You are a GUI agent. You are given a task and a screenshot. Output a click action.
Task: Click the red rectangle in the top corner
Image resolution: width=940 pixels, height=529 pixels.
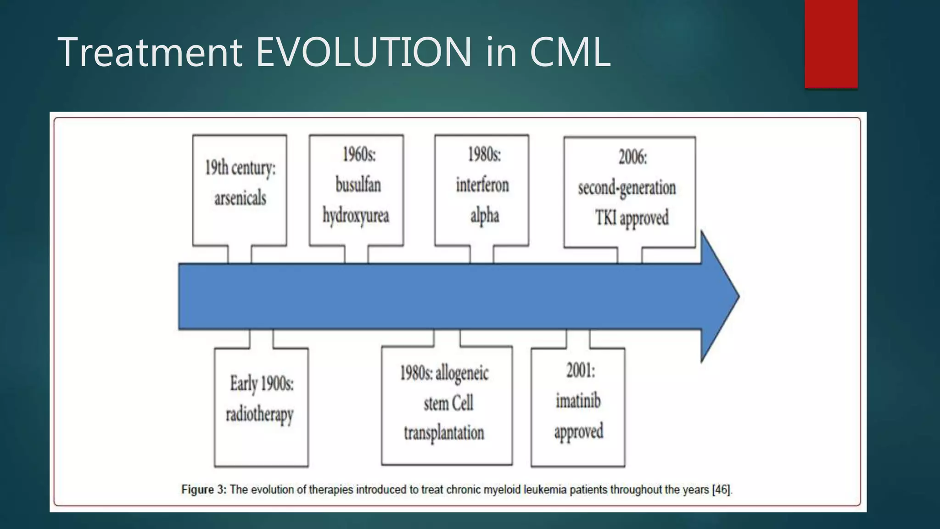831,44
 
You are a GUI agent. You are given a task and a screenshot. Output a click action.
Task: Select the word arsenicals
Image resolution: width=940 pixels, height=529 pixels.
240,198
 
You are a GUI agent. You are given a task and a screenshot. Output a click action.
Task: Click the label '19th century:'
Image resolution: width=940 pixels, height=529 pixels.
240,168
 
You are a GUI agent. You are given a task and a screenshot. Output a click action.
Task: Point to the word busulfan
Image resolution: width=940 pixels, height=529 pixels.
358,185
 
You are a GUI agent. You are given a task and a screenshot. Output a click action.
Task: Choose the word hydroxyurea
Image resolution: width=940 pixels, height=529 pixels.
356,216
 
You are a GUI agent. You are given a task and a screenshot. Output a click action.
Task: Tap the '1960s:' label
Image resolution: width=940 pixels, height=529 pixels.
359,154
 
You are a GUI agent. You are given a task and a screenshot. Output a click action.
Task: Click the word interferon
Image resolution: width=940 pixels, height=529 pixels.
482,185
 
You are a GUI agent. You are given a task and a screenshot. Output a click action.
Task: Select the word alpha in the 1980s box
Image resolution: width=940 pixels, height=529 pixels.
484,216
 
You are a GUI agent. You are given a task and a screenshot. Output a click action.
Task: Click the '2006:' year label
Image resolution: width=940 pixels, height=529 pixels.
632,157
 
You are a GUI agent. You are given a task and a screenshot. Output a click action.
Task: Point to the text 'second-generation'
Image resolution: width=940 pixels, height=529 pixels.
627,188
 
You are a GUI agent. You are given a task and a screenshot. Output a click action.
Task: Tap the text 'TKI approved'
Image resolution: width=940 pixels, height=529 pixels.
632,218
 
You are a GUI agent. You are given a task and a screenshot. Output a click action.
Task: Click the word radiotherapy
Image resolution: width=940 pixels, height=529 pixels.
259,415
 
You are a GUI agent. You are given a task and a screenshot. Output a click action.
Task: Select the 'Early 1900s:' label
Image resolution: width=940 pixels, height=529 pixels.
262,383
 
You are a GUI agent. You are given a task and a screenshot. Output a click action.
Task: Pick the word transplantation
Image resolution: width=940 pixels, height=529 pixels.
444,433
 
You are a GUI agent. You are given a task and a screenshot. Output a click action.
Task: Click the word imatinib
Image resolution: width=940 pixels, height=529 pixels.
578,401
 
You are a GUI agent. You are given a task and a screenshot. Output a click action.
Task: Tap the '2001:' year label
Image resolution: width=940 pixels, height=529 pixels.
580,370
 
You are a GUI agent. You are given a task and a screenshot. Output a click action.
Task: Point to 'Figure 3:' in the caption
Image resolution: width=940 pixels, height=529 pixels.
204,490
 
